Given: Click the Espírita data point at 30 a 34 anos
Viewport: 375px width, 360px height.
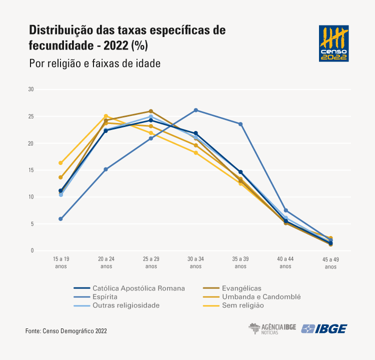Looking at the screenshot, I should click(195, 110).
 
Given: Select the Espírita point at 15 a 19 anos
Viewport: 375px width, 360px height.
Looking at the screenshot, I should click(60, 219).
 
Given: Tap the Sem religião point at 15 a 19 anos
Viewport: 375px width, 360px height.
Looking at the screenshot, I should click(60, 163).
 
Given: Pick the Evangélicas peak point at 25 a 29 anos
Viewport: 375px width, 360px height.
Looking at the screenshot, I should click(150, 111).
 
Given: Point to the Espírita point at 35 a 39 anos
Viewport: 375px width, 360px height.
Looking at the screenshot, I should click(240, 124).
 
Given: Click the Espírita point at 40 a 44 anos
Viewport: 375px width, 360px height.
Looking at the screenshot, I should click(285, 210).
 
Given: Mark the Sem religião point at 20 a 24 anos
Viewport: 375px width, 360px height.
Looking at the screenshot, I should click(105, 116).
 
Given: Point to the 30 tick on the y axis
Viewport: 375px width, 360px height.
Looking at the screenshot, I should click(30, 89).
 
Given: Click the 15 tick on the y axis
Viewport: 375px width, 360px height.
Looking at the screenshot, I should click(30, 170).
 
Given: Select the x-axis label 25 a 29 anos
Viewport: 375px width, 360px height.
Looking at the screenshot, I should click(150, 262).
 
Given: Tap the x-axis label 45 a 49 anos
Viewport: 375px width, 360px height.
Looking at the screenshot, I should click(330, 262).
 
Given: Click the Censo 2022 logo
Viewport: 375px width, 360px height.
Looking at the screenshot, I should click(333, 43).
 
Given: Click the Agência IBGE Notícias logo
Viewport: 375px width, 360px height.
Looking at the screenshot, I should click(272, 328).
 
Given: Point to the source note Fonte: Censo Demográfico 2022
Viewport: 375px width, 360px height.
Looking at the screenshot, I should click(66, 331).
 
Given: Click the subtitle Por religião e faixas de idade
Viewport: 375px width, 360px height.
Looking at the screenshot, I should click(94, 63).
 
